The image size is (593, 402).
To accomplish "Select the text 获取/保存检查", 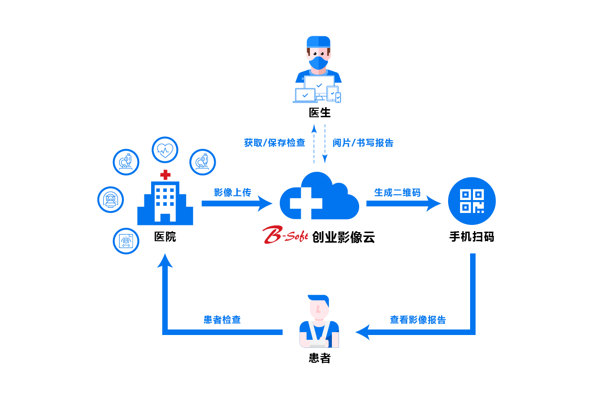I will pos(275,143).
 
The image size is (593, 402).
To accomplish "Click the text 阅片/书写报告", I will pos(363,143).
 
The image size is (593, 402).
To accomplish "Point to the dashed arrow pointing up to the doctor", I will pos(314,144).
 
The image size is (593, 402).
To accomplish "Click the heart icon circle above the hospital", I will pos(165,150).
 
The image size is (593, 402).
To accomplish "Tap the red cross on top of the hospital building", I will pos(165,174).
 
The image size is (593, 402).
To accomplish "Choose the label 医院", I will pos(165,236).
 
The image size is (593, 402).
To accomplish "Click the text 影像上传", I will pos(232,192).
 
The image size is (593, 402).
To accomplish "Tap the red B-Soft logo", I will pos(285,235).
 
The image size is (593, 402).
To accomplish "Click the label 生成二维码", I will pos(397,192).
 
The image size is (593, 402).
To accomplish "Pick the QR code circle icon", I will pos(472,201).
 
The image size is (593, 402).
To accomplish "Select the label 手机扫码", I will pos(472,236).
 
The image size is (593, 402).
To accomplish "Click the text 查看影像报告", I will pos(417,320).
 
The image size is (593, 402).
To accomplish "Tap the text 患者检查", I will pos(222,320).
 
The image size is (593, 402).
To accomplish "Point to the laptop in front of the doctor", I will pos(305,95).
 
